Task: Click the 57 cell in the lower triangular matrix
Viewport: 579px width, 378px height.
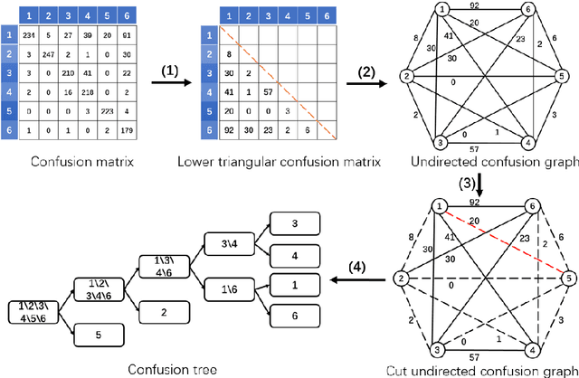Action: tap(269, 91)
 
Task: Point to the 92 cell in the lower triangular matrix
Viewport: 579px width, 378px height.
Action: tap(229, 129)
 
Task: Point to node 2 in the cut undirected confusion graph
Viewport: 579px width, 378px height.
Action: tap(395, 279)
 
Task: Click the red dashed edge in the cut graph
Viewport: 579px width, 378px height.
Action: tap(502, 243)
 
